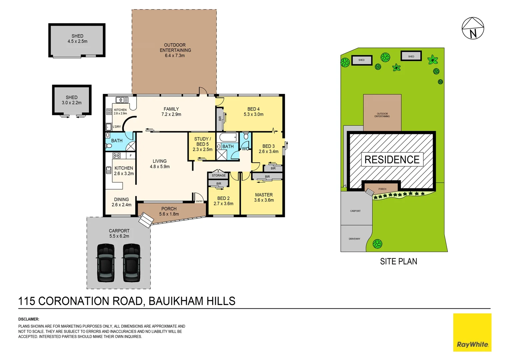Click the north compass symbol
tap(473, 28)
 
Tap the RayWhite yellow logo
tap(472, 332)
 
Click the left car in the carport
tap(106, 263)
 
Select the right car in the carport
tap(132, 263)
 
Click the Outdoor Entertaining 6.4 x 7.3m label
tap(175, 50)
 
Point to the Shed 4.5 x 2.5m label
tap(77, 39)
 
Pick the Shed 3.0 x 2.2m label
tap(72, 100)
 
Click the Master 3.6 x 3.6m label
tap(264, 197)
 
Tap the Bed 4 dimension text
tap(254, 114)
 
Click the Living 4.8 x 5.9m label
tap(160, 164)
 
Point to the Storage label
tap(219, 175)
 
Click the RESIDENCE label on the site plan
tap(392, 160)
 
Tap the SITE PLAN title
tap(398, 262)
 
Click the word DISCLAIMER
tap(29, 319)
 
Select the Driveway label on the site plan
tap(354, 239)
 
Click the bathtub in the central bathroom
tap(228, 137)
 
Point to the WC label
tap(245, 149)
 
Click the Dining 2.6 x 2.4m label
tap(121, 202)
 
